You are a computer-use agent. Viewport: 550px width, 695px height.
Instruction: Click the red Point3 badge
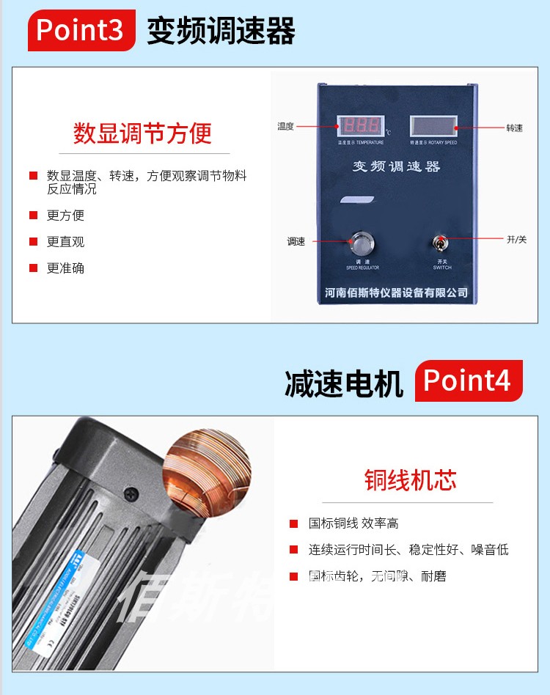[x=81, y=30]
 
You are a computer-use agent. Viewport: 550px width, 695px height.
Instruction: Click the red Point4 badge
[x=468, y=381]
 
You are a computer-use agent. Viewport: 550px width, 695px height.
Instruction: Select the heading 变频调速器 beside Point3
[x=221, y=32]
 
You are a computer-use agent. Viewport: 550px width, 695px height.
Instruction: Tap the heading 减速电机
[x=344, y=383]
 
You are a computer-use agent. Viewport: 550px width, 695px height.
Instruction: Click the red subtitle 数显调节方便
[x=142, y=133]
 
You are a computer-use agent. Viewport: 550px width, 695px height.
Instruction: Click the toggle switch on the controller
[x=441, y=245]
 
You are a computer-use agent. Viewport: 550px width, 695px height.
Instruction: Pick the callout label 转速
[x=515, y=128]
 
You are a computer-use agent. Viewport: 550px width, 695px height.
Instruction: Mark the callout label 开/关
[x=516, y=240]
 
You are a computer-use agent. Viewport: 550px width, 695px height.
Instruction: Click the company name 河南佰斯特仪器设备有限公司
[x=396, y=293]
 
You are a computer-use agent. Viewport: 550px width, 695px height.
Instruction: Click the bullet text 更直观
[x=66, y=242]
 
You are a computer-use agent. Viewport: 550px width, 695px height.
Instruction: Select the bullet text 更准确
[x=66, y=268]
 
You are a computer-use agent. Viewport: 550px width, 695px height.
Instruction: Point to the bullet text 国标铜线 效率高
[x=353, y=523]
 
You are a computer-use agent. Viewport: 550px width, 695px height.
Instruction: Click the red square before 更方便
[x=33, y=216]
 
